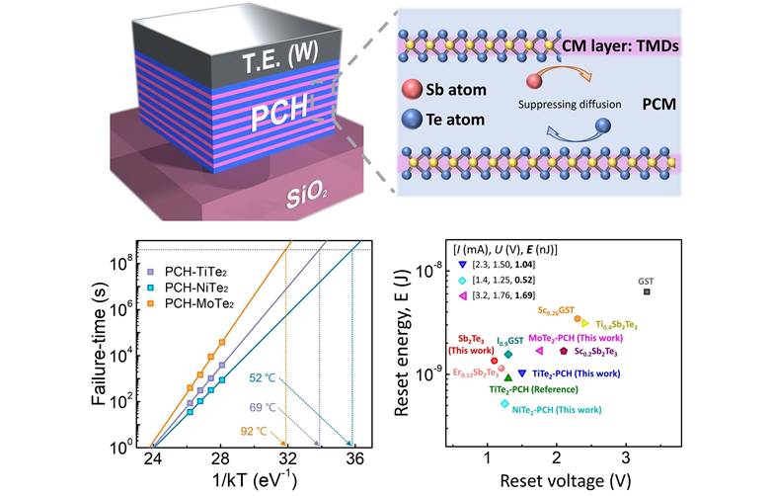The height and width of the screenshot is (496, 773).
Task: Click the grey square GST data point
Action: point(647,291)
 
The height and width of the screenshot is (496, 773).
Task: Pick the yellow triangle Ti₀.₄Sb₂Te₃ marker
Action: point(586,323)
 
